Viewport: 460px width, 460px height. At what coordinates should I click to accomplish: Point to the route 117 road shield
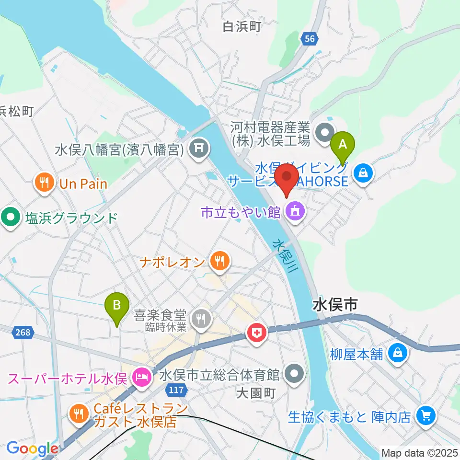tap(176, 390)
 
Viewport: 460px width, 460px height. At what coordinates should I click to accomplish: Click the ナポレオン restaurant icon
tap(220, 262)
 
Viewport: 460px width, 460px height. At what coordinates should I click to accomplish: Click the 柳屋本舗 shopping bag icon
tap(398, 353)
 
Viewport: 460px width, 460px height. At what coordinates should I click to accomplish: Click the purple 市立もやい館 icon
tap(295, 212)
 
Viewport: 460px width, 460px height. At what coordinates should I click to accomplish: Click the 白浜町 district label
tap(242, 26)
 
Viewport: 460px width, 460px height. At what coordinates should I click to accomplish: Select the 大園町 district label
tap(256, 393)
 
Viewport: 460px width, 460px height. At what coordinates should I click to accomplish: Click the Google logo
tap(32, 448)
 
